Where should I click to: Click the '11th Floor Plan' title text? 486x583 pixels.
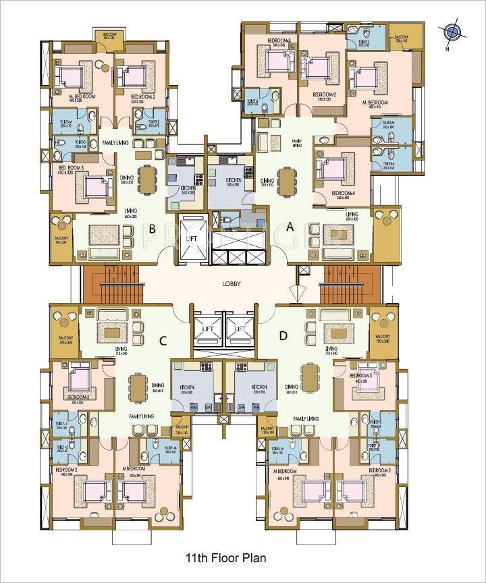click(225, 558)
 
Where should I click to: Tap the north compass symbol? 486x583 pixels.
click(452, 32)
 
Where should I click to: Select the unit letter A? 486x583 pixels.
click(290, 227)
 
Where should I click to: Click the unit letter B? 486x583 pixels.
click(153, 229)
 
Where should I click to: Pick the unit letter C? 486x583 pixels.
click(163, 341)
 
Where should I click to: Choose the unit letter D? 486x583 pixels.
click(283, 335)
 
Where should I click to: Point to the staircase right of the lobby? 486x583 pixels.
click(346, 284)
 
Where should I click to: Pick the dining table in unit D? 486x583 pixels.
click(310, 383)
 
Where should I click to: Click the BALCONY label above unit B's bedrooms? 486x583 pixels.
click(109, 35)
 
